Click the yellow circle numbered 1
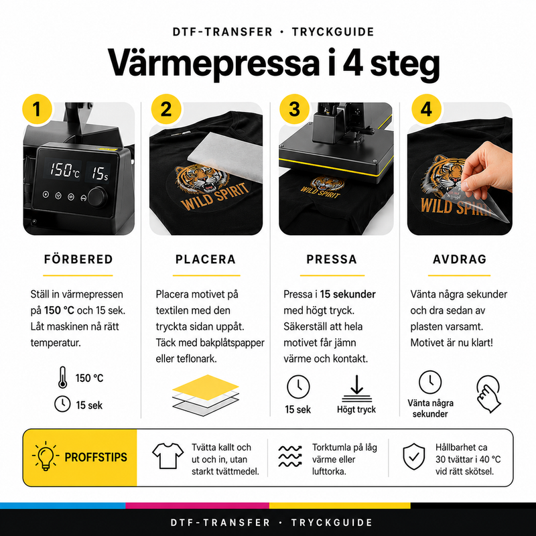tap(37, 109)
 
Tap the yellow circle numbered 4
tap(426, 109)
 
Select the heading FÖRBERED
tap(78, 259)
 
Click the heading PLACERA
tap(206, 259)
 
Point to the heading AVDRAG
tap(460, 259)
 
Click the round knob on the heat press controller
tap(97, 197)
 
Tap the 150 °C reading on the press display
tap(64, 170)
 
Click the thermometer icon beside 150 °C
tap(62, 377)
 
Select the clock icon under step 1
tap(62, 404)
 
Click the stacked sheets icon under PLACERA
tap(206, 395)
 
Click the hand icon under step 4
tap(489, 394)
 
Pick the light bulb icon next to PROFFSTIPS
tap(46, 456)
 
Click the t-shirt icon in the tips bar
tap(167, 456)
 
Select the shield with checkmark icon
tap(413, 457)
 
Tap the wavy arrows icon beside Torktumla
tap(290, 456)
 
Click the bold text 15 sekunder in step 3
tap(348, 294)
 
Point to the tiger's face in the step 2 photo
tap(202, 180)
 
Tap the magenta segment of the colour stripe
tap(197, 506)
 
